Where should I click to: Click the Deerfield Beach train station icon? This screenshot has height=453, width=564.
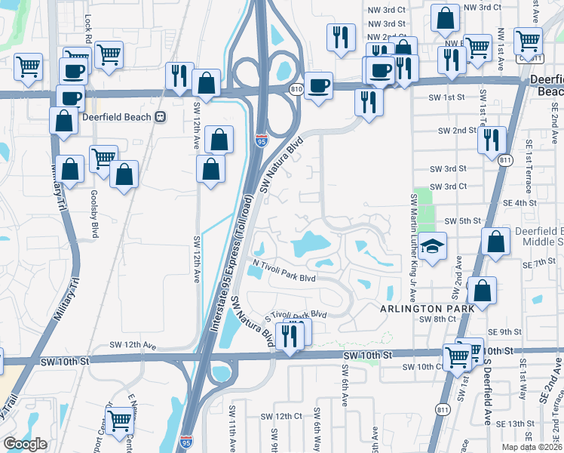160,117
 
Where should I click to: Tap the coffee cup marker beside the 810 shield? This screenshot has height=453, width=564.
318,85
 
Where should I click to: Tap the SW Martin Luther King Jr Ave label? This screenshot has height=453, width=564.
413,229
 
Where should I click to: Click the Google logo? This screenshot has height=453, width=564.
25,444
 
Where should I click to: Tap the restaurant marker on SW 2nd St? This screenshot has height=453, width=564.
491,140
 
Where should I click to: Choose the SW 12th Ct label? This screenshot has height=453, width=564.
282,416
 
